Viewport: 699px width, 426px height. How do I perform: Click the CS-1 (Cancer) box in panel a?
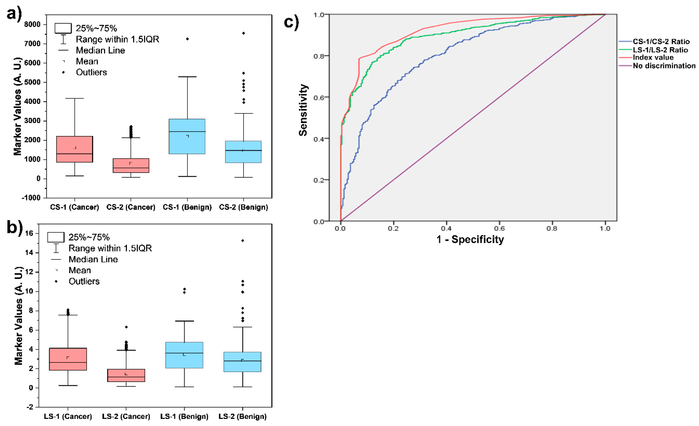tap(75, 149)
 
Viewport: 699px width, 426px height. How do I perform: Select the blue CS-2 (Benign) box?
tap(243, 152)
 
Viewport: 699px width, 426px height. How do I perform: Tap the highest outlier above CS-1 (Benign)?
tap(187, 39)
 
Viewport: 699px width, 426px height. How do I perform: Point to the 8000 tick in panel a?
tap(32, 24)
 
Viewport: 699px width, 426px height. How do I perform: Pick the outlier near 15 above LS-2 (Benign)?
tap(242, 241)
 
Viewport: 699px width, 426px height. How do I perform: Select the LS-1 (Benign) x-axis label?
tap(184, 416)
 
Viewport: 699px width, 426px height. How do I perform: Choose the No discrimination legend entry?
tap(664, 66)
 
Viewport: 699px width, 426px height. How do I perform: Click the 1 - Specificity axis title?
tap(470, 239)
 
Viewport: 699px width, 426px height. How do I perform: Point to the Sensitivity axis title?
tap(303, 110)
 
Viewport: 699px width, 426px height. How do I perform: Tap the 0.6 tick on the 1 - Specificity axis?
tap(499, 228)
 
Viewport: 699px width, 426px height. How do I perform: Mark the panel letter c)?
tap(291, 22)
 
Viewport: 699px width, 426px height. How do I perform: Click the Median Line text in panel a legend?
tap(100, 50)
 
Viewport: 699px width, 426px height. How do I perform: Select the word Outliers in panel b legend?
tap(84, 281)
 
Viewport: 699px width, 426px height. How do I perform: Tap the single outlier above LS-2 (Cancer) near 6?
tap(126, 327)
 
